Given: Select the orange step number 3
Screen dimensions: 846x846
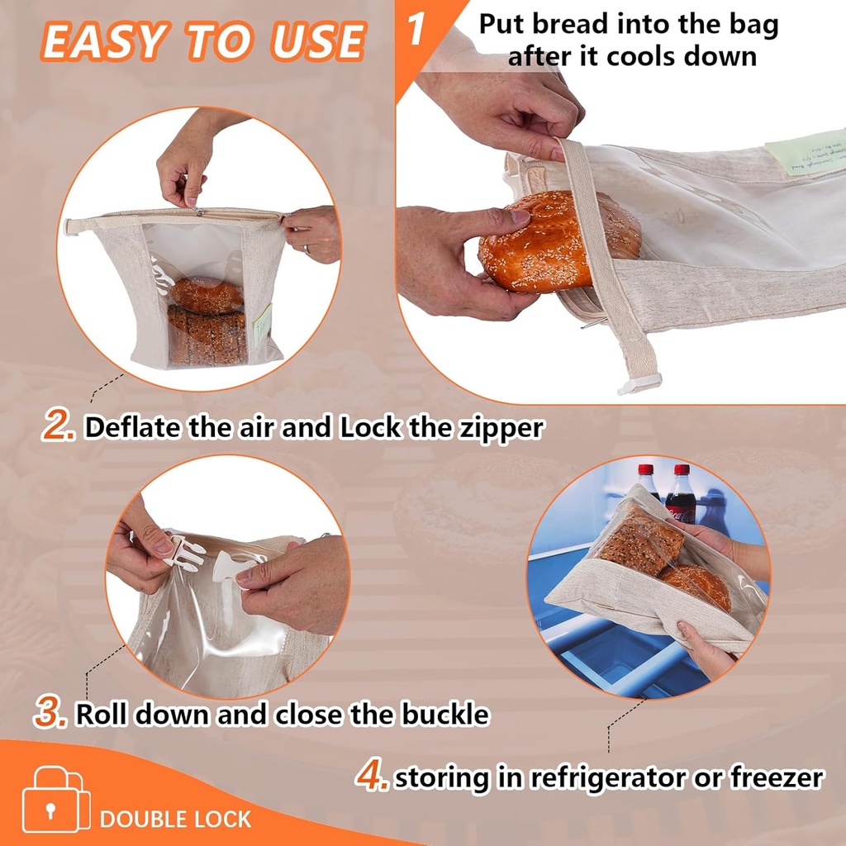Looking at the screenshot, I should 51,712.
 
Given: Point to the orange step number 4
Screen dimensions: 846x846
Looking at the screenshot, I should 372,775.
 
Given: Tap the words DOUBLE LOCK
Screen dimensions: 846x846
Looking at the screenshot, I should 175,819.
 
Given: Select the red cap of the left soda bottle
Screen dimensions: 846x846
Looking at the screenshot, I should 645,470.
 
